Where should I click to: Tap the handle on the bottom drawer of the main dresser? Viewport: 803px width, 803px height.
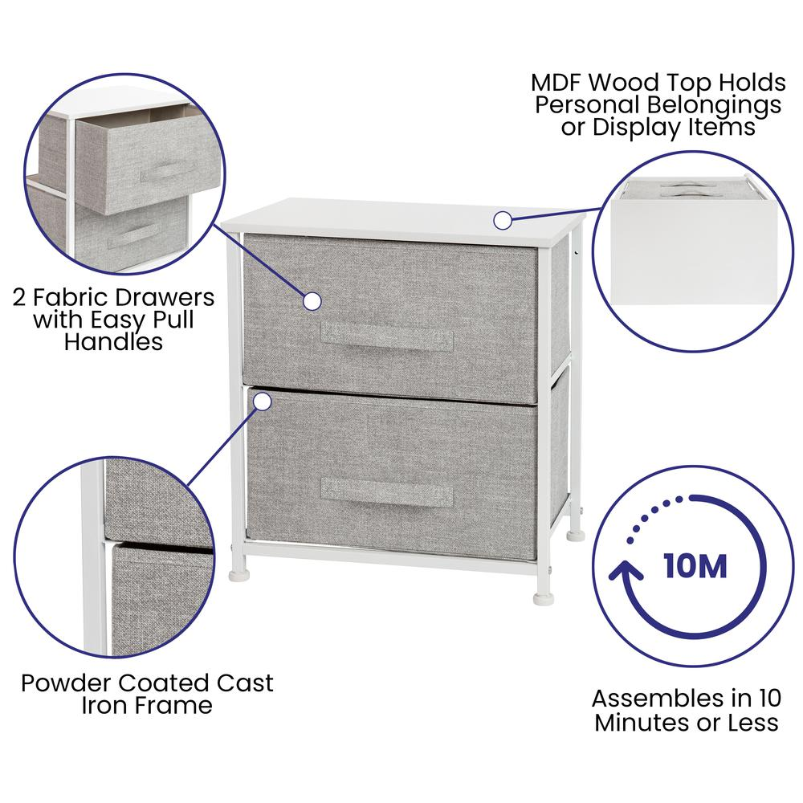point(387,493)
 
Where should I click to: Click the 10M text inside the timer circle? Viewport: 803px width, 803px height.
point(695,566)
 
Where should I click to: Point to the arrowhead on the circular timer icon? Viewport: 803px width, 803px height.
point(626,570)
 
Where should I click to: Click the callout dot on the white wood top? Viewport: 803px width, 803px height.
point(503,221)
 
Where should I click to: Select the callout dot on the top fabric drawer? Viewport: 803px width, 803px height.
point(312,301)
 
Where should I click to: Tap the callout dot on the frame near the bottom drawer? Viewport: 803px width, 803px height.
point(263,402)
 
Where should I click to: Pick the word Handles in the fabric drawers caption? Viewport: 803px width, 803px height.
point(114,342)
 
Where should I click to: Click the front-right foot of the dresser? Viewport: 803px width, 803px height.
point(544,598)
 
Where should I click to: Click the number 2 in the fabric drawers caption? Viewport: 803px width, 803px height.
point(19,298)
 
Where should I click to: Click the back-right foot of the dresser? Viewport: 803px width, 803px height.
point(576,536)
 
